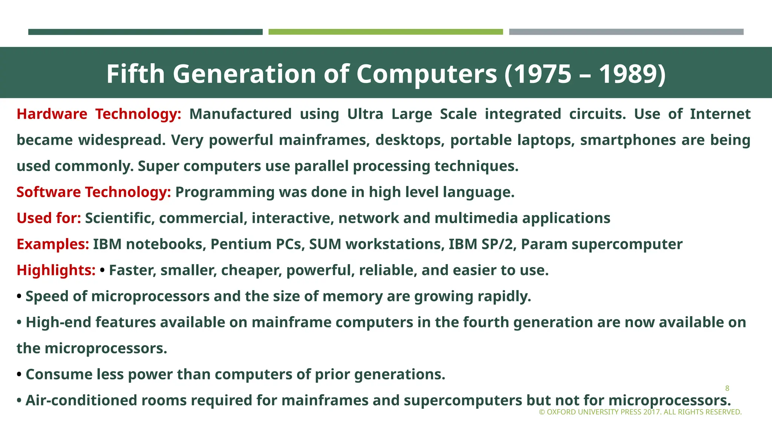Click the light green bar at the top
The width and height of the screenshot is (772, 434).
pyautogui.click(x=386, y=32)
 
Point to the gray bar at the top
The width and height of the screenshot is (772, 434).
pyautogui.click(x=626, y=32)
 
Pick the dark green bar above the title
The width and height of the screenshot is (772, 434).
pyautogui.click(x=145, y=32)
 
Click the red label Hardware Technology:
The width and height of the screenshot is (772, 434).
pyautogui.click(x=99, y=114)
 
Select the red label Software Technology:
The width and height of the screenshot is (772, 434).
pyautogui.click(x=93, y=192)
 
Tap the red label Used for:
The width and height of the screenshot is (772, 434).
pyautogui.click(x=49, y=218)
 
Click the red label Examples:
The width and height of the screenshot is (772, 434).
pyautogui.click(x=53, y=244)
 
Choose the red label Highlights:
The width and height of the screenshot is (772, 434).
pyautogui.click(x=56, y=270)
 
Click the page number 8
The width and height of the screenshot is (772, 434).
pyautogui.click(x=727, y=388)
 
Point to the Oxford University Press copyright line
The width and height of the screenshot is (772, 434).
pyautogui.click(x=640, y=412)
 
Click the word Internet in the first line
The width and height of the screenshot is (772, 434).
pyautogui.click(x=720, y=114)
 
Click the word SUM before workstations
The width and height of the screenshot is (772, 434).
pyautogui.click(x=325, y=244)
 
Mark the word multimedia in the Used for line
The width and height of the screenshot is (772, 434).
pyautogui.click(x=476, y=218)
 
